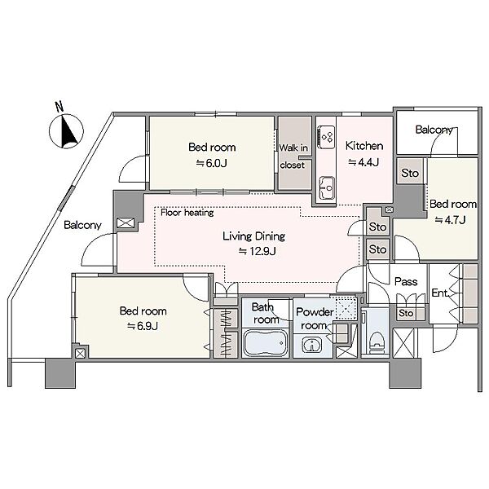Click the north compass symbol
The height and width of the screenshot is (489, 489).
pyautogui.click(x=67, y=131)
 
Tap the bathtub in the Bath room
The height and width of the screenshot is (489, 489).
pyautogui.click(x=266, y=343)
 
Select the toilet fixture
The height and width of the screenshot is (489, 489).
pyautogui.click(x=376, y=343)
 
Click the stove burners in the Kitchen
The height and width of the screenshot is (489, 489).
pyautogui.click(x=326, y=137)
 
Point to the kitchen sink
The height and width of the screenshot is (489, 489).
pyautogui.click(x=327, y=188)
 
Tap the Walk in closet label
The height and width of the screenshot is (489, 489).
pyautogui.click(x=293, y=156)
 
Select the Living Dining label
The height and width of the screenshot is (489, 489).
pyautogui.click(x=253, y=236)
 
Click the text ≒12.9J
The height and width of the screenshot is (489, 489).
pyautogui.click(x=258, y=251)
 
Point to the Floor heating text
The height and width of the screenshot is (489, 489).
pyautogui.click(x=187, y=213)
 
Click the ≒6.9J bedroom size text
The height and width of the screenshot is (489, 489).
pyautogui.click(x=143, y=326)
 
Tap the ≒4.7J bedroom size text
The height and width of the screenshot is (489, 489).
pyautogui.click(x=450, y=220)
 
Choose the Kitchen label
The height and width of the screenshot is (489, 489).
pyautogui.click(x=364, y=146)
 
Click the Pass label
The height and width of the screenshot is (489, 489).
pyautogui.click(x=406, y=282)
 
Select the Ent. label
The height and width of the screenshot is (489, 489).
pyautogui.click(x=440, y=293)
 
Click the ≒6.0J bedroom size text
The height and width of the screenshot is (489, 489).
pyautogui.click(x=211, y=163)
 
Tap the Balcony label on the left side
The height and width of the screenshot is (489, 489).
pyautogui.click(x=82, y=225)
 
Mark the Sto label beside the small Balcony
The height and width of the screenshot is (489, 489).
pyautogui.click(x=410, y=173)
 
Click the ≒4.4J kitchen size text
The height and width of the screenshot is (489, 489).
pyautogui.click(x=363, y=162)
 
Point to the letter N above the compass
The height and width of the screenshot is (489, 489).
pyautogui.click(x=59, y=106)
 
